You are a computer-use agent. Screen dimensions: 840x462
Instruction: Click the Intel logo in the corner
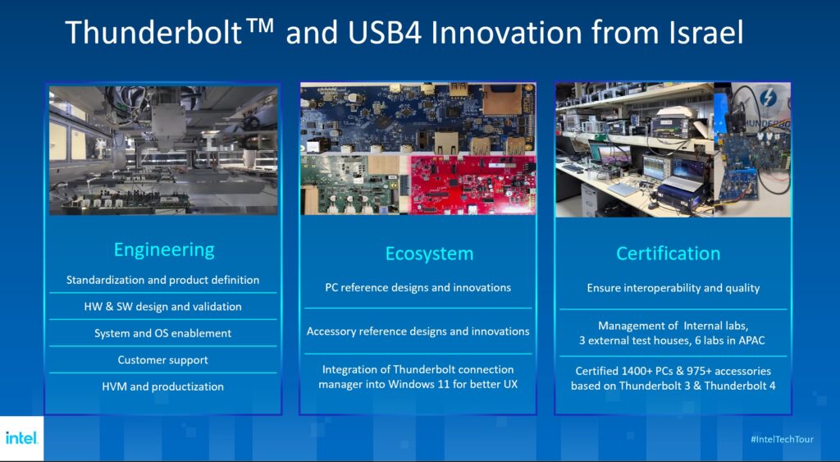click(x=21, y=438)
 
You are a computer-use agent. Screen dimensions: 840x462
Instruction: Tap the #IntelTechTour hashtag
click(x=782, y=440)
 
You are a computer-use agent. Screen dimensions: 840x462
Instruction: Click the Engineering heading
click(x=164, y=250)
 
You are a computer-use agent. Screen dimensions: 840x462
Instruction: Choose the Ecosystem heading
click(x=429, y=254)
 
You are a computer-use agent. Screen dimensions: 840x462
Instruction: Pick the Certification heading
click(x=668, y=254)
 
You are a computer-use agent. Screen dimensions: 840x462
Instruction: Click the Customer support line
click(x=163, y=360)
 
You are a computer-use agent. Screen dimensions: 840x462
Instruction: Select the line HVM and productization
click(x=163, y=387)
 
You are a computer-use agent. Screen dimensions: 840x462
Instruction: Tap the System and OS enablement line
click(x=163, y=333)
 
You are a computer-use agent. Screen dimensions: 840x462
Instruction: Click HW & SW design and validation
click(x=163, y=307)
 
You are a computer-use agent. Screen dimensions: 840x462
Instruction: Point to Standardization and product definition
click(x=163, y=280)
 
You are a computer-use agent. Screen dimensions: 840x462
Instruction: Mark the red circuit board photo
click(x=473, y=185)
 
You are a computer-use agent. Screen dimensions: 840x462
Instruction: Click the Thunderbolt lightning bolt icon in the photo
click(x=768, y=98)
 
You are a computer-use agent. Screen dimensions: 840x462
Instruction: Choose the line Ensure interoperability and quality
click(x=673, y=288)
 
